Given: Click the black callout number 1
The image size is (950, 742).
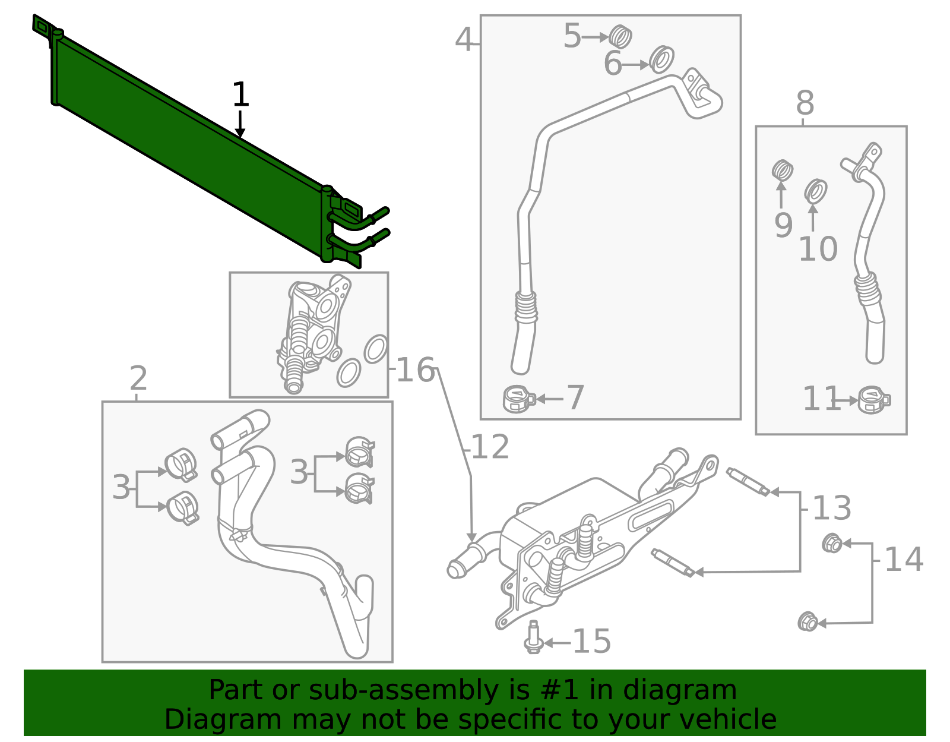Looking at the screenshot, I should pos(240,95).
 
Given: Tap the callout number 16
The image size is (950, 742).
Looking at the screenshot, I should pos(415,370).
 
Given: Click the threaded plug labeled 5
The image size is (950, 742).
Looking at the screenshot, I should pos(620,37).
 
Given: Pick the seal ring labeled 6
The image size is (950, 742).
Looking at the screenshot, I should pos(661,59).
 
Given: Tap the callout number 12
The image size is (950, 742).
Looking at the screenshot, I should pos(490,447).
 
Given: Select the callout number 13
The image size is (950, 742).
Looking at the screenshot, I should pos(831,508).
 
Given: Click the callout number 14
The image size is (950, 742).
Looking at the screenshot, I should pos(903,560).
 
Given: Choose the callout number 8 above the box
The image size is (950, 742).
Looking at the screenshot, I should pos(805,103).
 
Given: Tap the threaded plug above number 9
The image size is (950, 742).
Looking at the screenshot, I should pos(783,171).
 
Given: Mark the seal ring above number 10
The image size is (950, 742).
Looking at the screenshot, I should pos(816,191).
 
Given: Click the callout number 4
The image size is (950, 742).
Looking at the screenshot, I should pos(464,40).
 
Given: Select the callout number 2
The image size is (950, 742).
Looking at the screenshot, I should pos(138,378).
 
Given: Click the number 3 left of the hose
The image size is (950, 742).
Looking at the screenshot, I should pos(121,488).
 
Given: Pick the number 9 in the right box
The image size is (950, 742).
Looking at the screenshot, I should pos(783,225).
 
